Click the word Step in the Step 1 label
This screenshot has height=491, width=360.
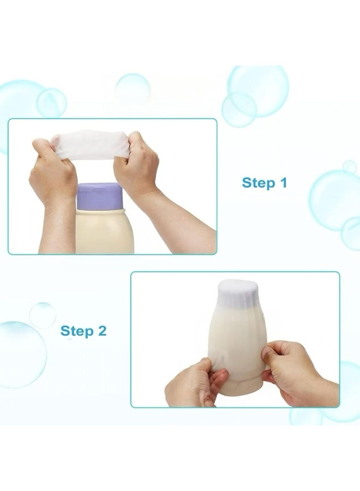click(x=258, y=183)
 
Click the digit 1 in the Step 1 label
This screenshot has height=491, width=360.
click(x=284, y=182)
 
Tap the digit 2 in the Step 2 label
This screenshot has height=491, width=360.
click(x=102, y=331)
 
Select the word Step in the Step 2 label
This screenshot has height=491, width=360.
click(x=77, y=331)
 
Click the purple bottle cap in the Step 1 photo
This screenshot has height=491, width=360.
click(x=100, y=196)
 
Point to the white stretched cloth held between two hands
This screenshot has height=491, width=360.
click(x=91, y=145)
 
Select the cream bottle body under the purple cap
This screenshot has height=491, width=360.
click(x=105, y=231)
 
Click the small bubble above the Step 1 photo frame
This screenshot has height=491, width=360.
click(x=133, y=90)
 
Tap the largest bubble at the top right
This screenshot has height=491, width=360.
click(x=258, y=91)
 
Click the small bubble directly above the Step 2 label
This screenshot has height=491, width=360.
click(x=43, y=315)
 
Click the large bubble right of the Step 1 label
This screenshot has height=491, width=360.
click(x=334, y=200)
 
